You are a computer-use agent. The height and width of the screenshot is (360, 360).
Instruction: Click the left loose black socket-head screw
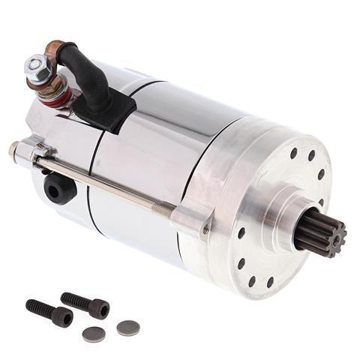tap(49, 313)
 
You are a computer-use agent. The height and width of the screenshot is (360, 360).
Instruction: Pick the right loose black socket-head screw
tap(84, 304)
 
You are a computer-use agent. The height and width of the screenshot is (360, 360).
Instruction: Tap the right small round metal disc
tap(128, 328)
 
